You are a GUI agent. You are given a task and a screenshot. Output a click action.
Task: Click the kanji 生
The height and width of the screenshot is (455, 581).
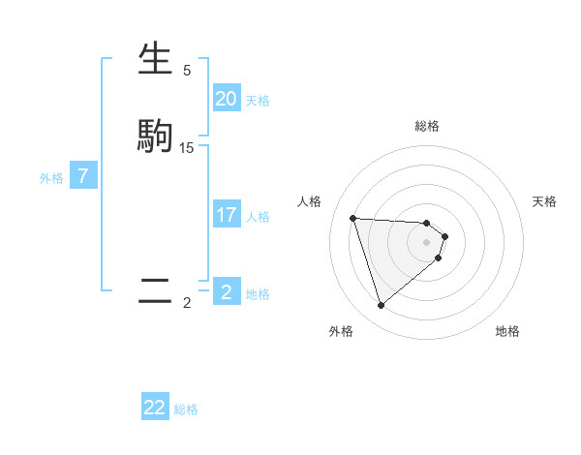coord(155,60)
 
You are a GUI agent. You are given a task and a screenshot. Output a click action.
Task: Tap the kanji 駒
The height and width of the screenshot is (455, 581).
coord(155,136)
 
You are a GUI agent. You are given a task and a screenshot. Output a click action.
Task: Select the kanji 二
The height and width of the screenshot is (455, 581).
coord(155,290)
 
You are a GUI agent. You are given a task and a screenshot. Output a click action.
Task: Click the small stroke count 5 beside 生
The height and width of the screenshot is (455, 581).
coord(187,71)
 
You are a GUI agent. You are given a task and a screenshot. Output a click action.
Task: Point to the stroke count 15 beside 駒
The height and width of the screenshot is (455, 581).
coord(187,147)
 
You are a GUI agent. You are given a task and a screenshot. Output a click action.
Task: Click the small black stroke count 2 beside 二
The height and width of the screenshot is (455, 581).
coord(187,303)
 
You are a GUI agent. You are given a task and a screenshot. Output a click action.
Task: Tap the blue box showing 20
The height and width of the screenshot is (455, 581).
coord(226,99)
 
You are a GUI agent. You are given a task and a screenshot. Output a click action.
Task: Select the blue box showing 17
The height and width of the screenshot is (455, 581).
coord(226,215)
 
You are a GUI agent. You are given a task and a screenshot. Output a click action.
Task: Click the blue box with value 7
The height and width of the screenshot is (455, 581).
coord(84,176)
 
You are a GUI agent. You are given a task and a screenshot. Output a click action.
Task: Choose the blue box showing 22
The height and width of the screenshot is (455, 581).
coord(155,408)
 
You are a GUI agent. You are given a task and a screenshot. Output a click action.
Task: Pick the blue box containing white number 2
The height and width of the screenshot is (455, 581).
coord(226,292)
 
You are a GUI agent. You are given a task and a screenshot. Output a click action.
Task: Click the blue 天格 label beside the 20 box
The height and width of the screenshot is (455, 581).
coord(258,101)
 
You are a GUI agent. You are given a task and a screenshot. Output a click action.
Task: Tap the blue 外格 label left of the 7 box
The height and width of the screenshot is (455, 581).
coord(51,178)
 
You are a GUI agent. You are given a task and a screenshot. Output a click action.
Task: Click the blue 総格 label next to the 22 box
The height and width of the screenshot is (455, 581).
coord(186,409)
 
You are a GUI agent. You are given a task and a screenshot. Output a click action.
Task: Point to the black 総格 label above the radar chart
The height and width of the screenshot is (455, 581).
coord(427,126)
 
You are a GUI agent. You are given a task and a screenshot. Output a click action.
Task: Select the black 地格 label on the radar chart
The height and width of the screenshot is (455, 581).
coord(507,331)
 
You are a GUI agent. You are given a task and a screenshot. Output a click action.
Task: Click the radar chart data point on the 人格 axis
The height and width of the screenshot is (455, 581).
coord(353,218)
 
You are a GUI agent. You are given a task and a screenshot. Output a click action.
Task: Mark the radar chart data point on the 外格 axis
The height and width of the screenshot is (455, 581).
coord(382,306)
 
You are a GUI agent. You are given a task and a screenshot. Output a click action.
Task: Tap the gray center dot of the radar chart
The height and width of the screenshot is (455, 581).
coord(427,242)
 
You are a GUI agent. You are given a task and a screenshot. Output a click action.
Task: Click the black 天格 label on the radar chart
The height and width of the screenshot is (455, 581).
coord(544,201)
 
